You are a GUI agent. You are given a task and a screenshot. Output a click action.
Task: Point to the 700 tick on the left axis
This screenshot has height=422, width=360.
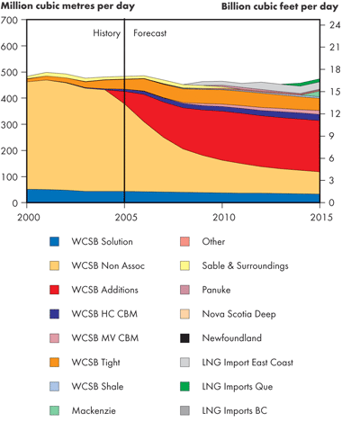pos(13,20)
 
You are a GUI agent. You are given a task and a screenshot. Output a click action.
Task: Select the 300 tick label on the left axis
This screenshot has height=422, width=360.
pos(13,124)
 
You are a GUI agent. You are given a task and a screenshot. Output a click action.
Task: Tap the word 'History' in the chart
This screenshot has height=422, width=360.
pos(105,34)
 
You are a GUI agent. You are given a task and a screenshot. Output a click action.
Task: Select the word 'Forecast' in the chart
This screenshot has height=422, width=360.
pos(149,34)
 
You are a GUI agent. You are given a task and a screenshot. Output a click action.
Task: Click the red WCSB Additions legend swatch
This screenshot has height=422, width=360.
pos(55,290)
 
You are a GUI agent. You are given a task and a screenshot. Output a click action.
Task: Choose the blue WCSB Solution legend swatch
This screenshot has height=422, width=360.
pos(55,241)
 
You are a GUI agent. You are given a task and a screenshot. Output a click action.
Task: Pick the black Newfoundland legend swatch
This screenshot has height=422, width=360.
pos(184,338)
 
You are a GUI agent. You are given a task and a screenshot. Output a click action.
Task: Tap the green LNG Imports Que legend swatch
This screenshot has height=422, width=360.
pos(184,387)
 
